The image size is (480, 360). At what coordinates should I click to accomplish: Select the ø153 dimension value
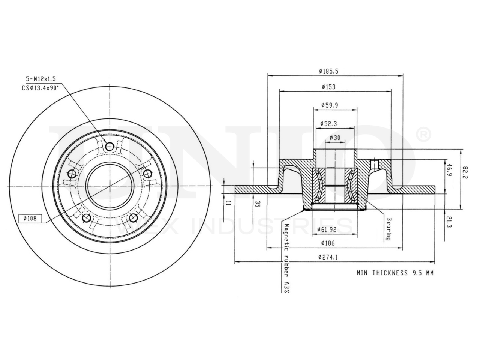[328, 87]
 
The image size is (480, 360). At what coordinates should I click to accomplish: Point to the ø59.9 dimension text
[330, 105]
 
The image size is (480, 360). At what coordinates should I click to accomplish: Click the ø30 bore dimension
[334, 138]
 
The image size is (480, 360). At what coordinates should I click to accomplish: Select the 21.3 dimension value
[448, 224]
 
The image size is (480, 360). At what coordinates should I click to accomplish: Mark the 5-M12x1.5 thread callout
[40, 79]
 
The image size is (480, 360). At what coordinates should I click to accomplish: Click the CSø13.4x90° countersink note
[40, 88]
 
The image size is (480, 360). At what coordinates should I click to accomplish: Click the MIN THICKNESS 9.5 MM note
[394, 273]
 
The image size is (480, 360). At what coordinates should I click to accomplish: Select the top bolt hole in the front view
[109, 147]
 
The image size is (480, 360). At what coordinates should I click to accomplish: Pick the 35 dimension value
[257, 204]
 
